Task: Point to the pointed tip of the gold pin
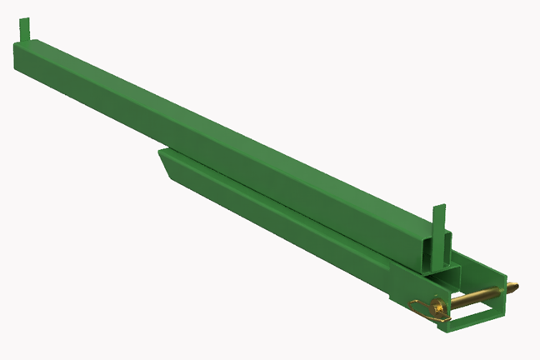517,287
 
